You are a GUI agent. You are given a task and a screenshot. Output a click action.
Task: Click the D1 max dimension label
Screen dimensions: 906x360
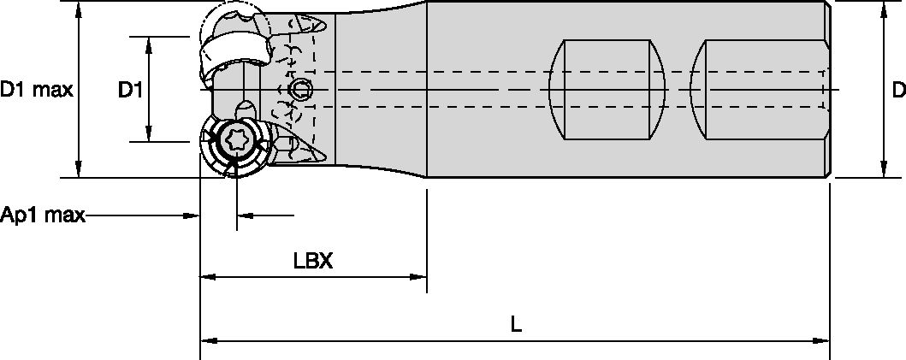pos(37,90)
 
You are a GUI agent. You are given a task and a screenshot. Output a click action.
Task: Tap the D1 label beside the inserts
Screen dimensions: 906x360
pos(131,90)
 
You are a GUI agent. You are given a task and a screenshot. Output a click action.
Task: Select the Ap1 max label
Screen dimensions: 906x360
pos(42,215)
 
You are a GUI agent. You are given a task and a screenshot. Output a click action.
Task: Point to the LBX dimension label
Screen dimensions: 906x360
pos(313,261)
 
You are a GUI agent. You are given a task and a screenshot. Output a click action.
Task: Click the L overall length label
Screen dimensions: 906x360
pos(516,324)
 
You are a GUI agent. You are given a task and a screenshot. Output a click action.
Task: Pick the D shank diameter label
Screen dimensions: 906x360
pos(898,90)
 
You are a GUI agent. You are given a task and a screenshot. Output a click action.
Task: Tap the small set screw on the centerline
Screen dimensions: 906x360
pos(300,90)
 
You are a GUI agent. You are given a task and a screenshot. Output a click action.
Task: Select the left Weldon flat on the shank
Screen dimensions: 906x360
pos(607,90)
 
